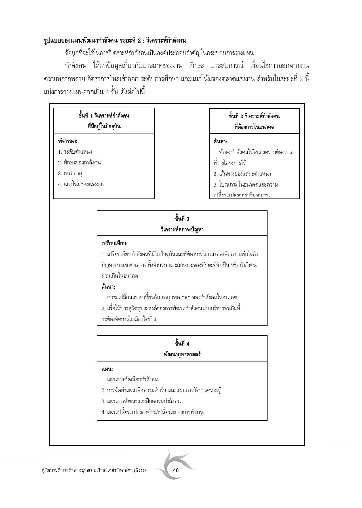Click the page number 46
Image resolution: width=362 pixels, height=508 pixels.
[x=176, y=470]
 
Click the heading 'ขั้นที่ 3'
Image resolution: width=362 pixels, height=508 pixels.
[x=182, y=219]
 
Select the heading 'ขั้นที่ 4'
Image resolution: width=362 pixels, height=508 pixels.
[x=182, y=344]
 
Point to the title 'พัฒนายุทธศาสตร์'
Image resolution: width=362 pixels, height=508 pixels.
[x=182, y=354]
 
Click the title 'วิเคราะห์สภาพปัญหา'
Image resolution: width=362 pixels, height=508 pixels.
[x=182, y=229]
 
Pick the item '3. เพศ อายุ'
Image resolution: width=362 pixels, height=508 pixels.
[x=70, y=173]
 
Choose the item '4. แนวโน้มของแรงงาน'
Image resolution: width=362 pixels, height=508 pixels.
[x=81, y=184]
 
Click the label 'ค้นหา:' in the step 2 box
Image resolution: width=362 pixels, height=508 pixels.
[x=220, y=141]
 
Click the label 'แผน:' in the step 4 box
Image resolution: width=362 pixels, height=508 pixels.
[x=107, y=369]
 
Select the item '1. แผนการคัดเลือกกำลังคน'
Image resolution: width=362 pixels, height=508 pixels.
[x=130, y=380]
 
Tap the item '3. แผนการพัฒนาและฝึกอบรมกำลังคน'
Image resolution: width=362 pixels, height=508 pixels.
[x=141, y=401]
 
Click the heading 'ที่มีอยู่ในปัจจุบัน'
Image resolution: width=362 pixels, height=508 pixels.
[x=104, y=127]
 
